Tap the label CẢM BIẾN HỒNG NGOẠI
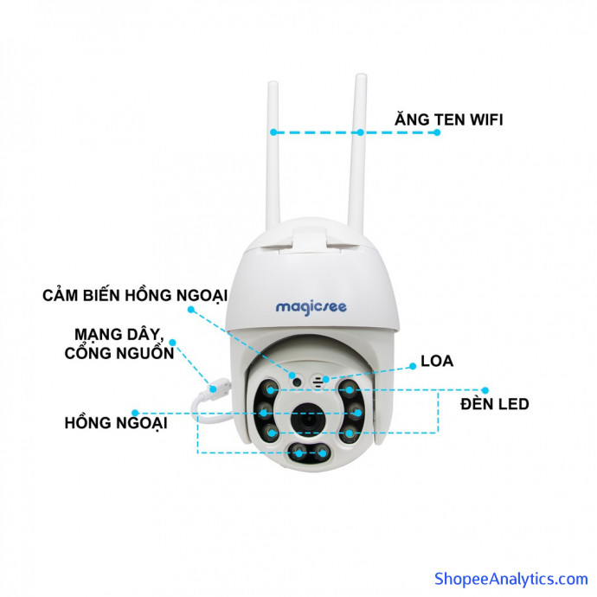pyautogui.click(x=135, y=296)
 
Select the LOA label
pyautogui.click(x=437, y=361)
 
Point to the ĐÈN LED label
pyautogui.click(x=495, y=403)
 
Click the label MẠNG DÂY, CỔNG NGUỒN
pyautogui.click(x=119, y=343)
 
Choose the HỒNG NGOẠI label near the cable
pyautogui.click(x=116, y=423)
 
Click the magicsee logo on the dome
pyautogui.click(x=311, y=307)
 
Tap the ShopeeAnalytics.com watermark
pyautogui.click(x=511, y=579)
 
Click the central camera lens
pyautogui.click(x=308, y=420)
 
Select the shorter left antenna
pyautogui.click(x=273, y=156)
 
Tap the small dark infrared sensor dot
pyautogui.click(x=297, y=382)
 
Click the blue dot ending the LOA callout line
pyautogui.click(x=413, y=366)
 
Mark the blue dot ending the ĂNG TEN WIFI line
pyautogui.click(x=437, y=132)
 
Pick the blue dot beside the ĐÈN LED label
pyautogui.click(x=485, y=390)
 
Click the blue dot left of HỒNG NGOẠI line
pyautogui.click(x=135, y=413)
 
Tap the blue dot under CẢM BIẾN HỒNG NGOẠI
pyautogui.click(x=191, y=310)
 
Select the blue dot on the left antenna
pyautogui.click(x=273, y=132)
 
